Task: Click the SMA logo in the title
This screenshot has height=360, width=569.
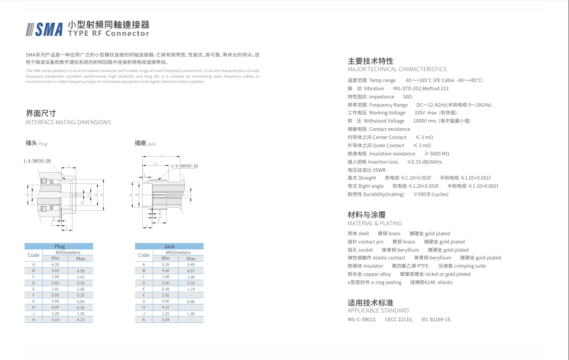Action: click(45, 28)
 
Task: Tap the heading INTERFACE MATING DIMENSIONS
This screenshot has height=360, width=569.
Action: click(68, 122)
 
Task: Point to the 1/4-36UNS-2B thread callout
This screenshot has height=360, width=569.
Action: click(37, 161)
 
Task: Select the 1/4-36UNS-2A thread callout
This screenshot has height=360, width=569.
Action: click(184, 166)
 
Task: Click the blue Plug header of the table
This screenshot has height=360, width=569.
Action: click(59, 246)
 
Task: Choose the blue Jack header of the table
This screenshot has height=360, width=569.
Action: click(169, 246)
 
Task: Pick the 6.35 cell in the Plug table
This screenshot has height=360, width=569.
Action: click(55, 264)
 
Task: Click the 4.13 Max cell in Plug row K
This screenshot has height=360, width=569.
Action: click(81, 320)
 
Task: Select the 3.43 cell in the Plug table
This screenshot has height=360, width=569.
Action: click(81, 277)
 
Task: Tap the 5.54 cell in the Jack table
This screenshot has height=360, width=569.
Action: click(166, 320)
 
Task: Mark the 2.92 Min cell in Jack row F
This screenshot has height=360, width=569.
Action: click(166, 295)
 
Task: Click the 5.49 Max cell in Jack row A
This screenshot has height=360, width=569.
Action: click(191, 264)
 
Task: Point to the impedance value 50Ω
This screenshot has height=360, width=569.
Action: click(407, 97)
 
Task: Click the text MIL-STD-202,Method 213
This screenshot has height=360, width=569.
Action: click(421, 88)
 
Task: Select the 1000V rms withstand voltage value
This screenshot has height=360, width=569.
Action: click(424, 121)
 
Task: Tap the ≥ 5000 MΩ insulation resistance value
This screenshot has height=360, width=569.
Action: click(437, 154)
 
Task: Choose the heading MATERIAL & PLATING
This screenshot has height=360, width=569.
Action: click(374, 223)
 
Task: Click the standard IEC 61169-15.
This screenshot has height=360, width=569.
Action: click(436, 319)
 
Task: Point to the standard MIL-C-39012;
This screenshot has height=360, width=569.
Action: click(362, 319)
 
